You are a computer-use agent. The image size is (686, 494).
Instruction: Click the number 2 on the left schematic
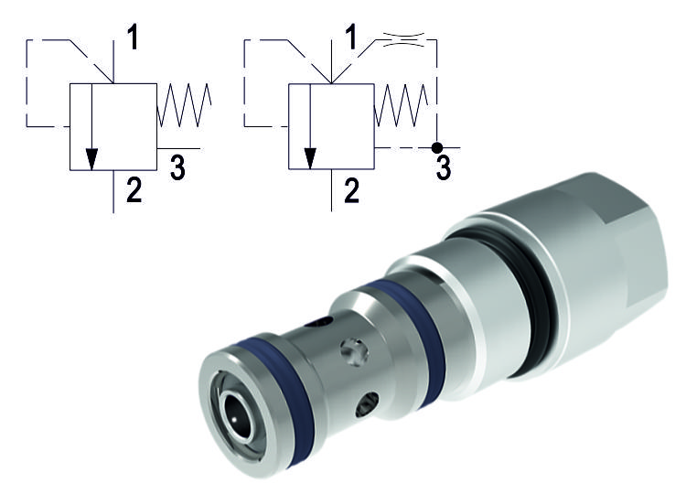[x=134, y=192]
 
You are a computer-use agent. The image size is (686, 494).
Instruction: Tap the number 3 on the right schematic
[x=443, y=167]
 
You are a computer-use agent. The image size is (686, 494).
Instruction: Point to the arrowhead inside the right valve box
[x=310, y=157]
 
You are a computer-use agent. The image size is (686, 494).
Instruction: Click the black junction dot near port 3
[x=437, y=146]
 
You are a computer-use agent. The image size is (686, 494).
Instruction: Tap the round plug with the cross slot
[x=354, y=350]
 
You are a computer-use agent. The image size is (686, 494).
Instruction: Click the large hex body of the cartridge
[x=585, y=247]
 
